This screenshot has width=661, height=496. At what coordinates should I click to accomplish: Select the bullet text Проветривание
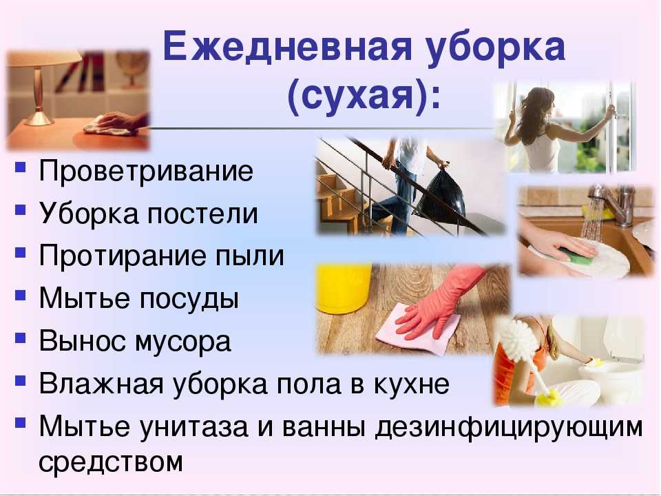coord(146,172)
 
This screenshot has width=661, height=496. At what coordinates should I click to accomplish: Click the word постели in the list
coord(202,214)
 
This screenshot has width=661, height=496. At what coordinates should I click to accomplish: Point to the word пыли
coord(249,257)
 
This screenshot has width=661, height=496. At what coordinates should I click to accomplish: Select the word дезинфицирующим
coord(509,428)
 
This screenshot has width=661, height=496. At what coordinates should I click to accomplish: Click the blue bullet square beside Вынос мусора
coord(20,338)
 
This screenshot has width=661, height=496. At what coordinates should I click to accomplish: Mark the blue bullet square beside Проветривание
coord(20,167)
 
